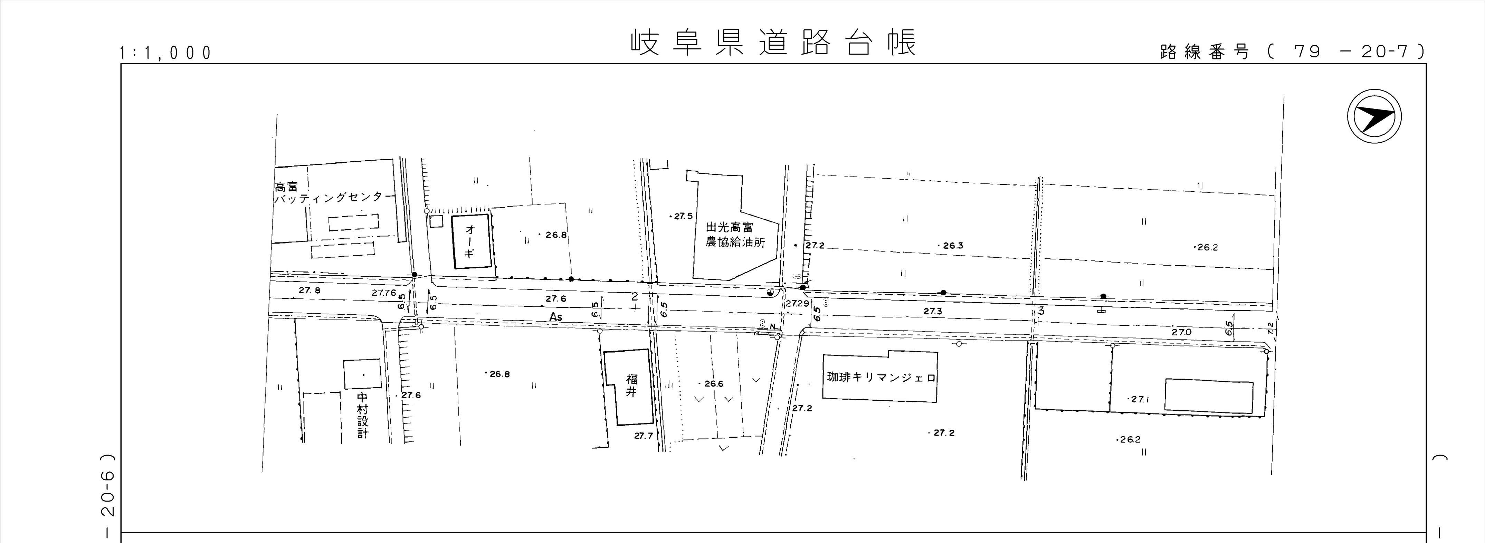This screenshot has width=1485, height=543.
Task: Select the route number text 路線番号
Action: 1205,52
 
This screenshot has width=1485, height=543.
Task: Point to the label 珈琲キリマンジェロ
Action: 880,378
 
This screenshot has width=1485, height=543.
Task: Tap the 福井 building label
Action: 632,385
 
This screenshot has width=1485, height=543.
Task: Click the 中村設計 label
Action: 363,415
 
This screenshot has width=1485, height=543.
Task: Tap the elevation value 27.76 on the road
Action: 383,293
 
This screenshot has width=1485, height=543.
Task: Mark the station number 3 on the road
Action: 1040,311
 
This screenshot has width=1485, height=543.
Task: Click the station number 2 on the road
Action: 634,297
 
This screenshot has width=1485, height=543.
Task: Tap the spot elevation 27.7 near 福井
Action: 643,436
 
